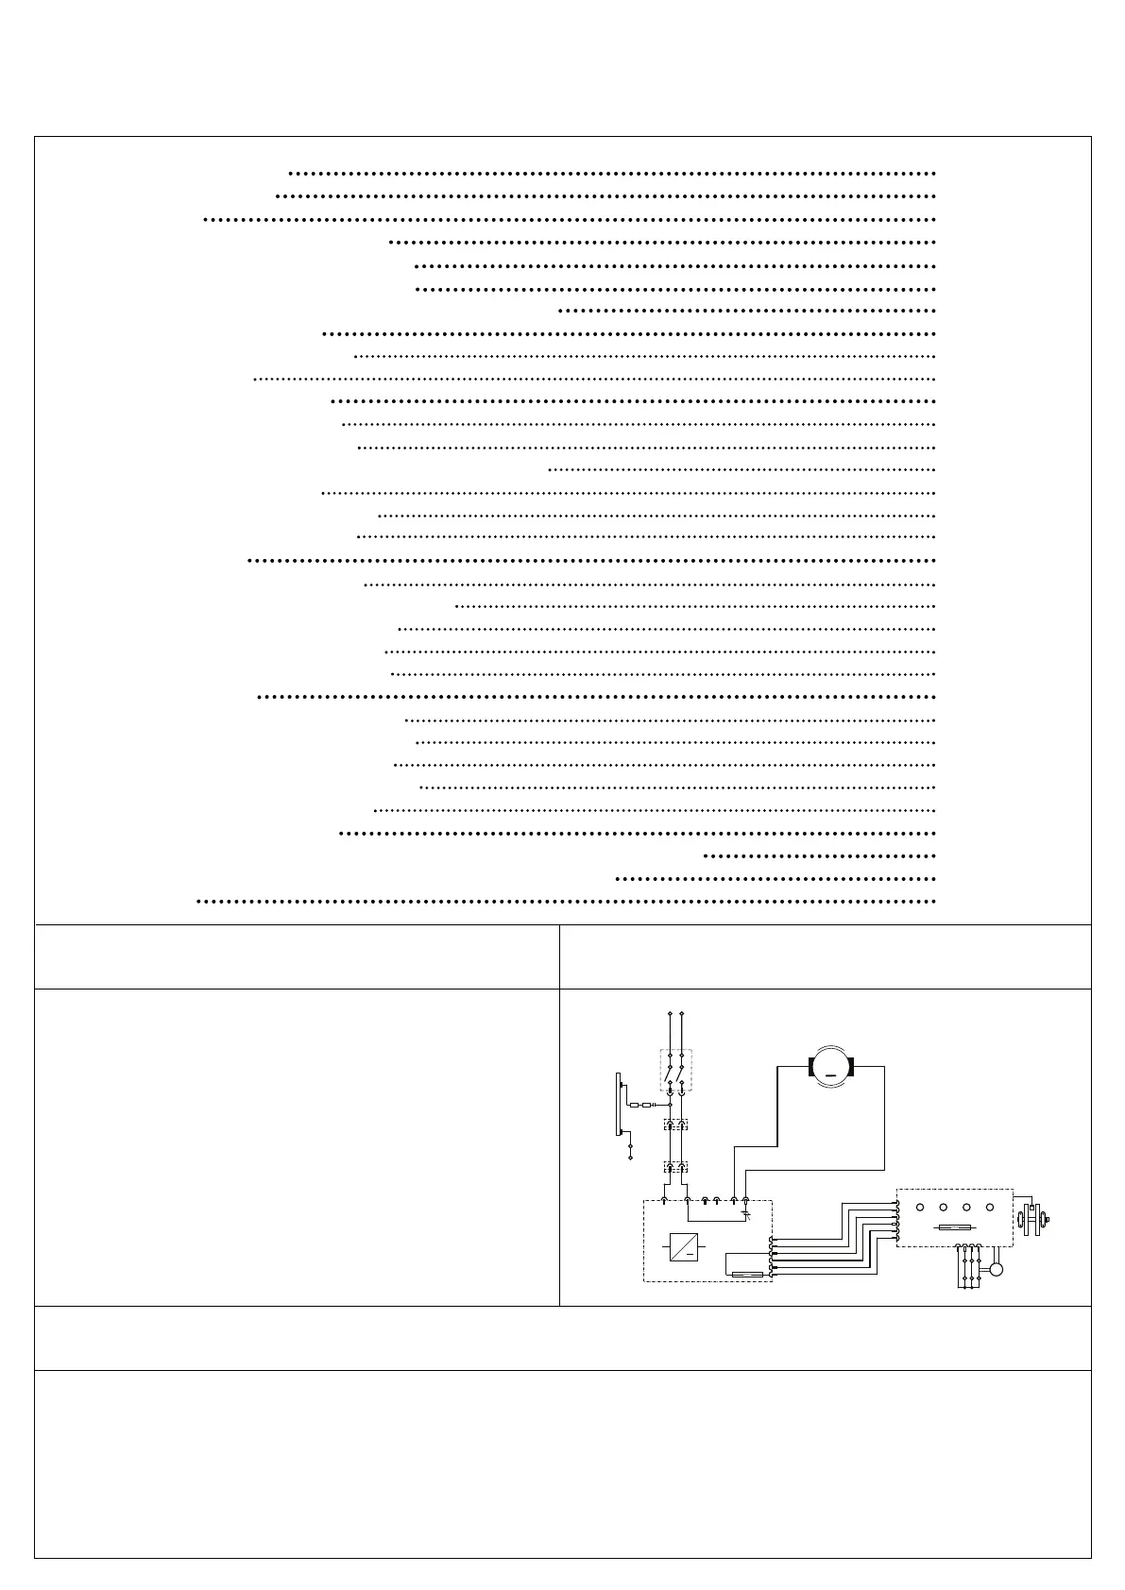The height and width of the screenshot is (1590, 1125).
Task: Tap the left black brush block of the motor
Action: tap(811, 1068)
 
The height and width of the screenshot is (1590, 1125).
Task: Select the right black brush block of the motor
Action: tap(851, 1068)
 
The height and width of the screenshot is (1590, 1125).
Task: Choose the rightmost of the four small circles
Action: tap(990, 1208)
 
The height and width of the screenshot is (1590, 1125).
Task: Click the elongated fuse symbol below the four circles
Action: tap(954, 1228)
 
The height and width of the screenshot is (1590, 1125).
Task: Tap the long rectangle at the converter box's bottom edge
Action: tap(748, 1275)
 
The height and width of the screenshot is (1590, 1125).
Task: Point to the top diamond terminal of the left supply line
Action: tap(670, 1013)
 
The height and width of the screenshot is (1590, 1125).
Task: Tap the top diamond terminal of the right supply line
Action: tap(681, 1013)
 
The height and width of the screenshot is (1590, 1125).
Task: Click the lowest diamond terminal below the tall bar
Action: tap(630, 1157)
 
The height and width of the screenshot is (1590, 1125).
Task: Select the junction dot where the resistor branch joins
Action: tap(670, 1105)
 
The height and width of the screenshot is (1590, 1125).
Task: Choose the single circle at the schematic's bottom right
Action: tap(996, 1269)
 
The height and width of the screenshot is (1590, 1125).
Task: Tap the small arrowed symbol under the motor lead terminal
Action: tap(746, 1214)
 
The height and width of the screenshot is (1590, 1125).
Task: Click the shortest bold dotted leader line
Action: tap(820, 856)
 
